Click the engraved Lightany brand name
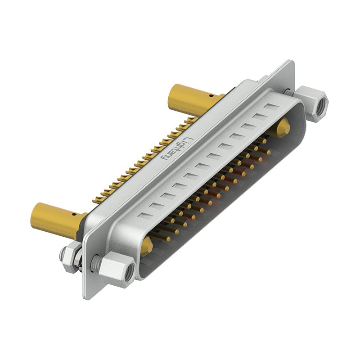click(x=177, y=148)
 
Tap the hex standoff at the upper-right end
click(x=311, y=104)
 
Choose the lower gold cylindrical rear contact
click(x=58, y=218)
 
